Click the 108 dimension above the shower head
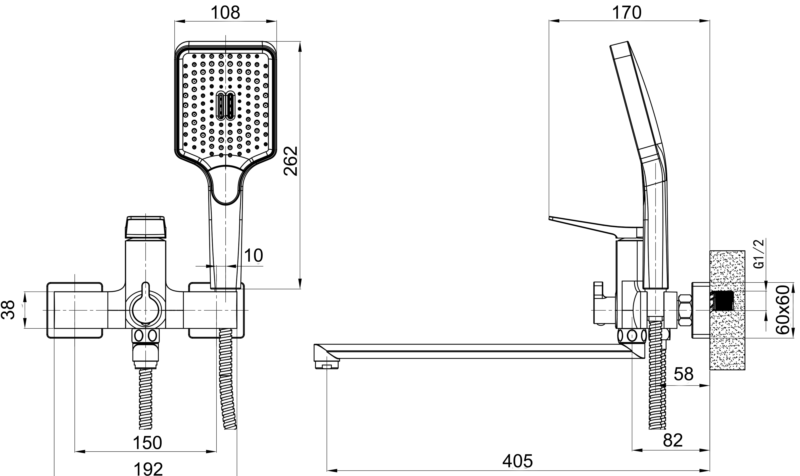(225, 13)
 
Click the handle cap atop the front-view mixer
(146, 227)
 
